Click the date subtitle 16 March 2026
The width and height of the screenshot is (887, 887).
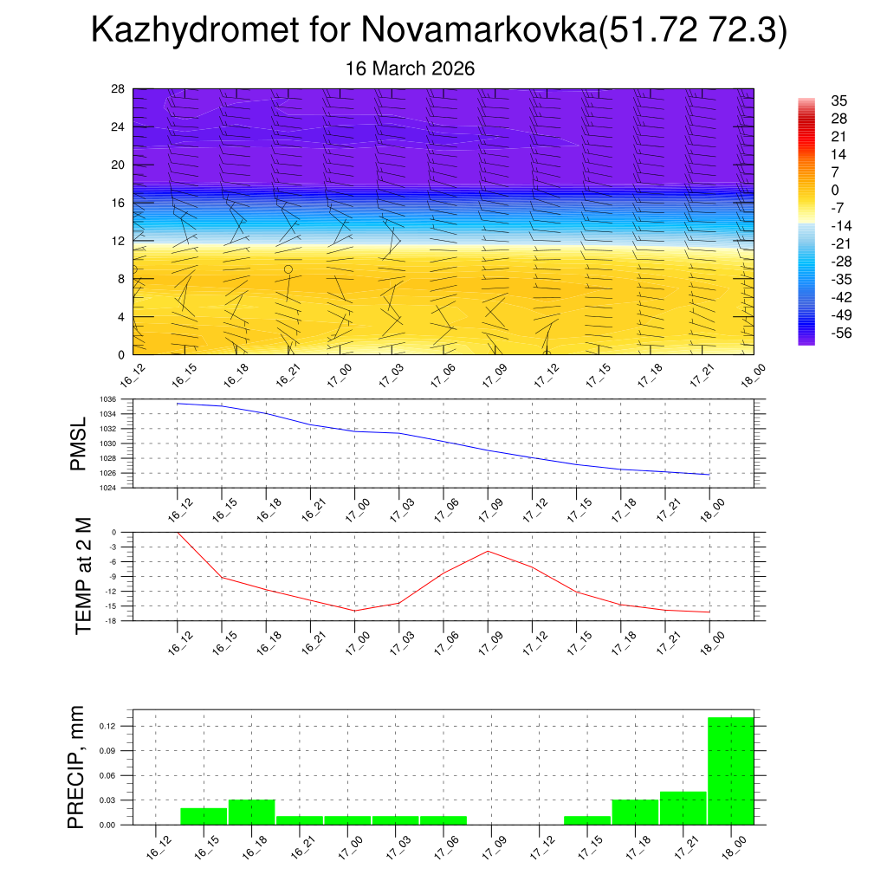click(410, 68)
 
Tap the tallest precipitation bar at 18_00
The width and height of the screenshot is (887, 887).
click(730, 770)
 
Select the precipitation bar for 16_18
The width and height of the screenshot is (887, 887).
click(251, 812)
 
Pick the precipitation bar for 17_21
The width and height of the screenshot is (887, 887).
click(683, 807)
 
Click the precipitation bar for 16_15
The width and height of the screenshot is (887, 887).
click(204, 816)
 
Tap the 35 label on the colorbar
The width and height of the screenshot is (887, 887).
click(838, 100)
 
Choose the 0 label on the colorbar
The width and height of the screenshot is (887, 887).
click(834, 190)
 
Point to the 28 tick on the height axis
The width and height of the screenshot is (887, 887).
click(118, 89)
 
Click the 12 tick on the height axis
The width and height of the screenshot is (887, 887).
click(118, 241)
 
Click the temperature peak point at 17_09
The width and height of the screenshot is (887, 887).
click(488, 551)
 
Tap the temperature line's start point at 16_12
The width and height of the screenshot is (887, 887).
click(178, 533)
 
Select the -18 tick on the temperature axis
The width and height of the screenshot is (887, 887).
click(112, 621)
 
